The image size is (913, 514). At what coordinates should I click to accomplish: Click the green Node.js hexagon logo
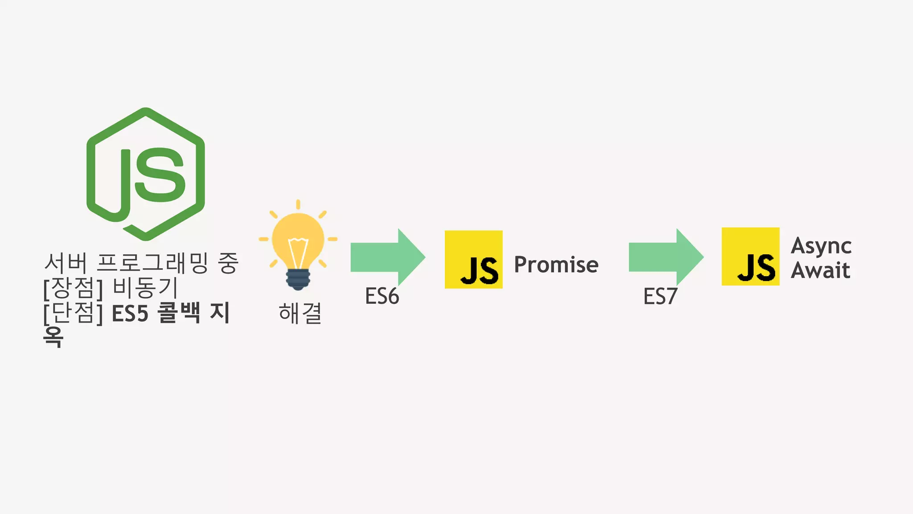point(145,174)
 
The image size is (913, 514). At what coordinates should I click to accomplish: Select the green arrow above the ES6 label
point(387,257)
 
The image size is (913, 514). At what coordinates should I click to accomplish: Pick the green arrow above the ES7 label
point(665,257)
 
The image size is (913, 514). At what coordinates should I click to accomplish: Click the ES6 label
point(382,296)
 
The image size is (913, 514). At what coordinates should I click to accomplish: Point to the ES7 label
point(660,296)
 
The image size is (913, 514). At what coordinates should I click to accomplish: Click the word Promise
point(556,265)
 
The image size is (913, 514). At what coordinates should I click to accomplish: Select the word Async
point(821,246)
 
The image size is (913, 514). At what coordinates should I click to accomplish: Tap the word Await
point(820,270)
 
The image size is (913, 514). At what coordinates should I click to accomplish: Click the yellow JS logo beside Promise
point(473,260)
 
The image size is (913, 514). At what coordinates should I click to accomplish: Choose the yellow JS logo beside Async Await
point(750,257)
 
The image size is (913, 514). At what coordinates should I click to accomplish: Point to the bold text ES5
point(130,313)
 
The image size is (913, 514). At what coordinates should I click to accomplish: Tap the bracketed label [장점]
point(73,288)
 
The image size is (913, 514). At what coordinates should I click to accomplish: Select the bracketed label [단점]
point(73,313)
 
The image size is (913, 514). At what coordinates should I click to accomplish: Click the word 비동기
point(145,288)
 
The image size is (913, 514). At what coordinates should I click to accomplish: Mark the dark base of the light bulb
point(298,279)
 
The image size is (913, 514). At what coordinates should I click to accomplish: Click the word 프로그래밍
point(152,263)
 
